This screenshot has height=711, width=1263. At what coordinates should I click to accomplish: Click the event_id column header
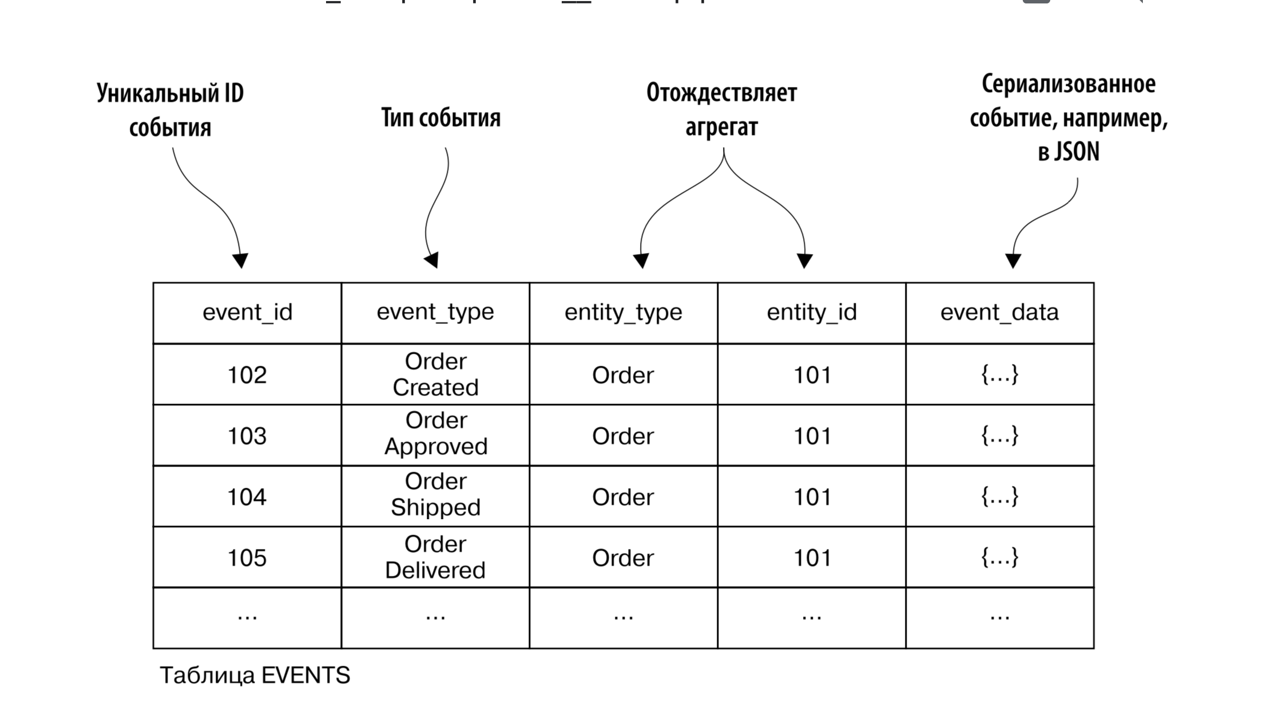247,313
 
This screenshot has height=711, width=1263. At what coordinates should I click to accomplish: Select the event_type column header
435,313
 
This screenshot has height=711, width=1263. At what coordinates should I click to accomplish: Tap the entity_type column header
623,313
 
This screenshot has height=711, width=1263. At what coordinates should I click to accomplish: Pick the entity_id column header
812,313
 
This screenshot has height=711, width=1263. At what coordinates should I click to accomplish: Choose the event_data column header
999,313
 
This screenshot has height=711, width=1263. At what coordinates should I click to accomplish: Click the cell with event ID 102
247,375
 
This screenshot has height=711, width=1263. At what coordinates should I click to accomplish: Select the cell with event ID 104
247,497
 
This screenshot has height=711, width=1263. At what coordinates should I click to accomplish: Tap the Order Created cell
435,374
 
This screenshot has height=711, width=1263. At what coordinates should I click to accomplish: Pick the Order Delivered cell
435,557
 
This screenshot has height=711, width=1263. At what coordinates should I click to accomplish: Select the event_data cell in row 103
999,436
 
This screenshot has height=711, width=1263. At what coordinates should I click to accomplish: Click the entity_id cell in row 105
812,558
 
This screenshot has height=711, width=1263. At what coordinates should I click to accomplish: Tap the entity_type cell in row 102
623,376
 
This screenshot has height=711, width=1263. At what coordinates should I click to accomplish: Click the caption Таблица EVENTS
255,676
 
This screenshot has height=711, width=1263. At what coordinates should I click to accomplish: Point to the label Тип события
440,118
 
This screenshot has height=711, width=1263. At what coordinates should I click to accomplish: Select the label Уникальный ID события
170,110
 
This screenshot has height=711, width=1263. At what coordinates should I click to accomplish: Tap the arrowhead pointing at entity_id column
805,261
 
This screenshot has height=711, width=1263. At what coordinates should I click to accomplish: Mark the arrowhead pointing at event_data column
1013,261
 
